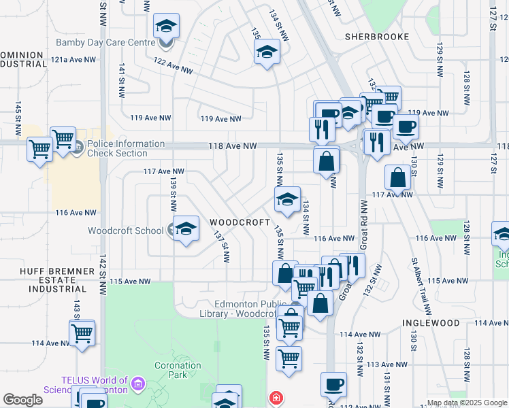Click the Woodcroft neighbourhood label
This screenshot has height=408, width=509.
236,222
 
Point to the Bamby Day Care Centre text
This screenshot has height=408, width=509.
105,42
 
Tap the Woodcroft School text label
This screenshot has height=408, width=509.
125,231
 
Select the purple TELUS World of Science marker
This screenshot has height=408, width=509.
137,385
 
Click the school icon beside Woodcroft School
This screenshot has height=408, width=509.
185,230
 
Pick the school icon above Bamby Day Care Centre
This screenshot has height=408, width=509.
166,27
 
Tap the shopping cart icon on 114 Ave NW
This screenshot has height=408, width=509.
82,333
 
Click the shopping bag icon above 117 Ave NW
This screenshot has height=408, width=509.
397,178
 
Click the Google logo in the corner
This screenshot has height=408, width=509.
22,400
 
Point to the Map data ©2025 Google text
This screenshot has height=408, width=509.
467,403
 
